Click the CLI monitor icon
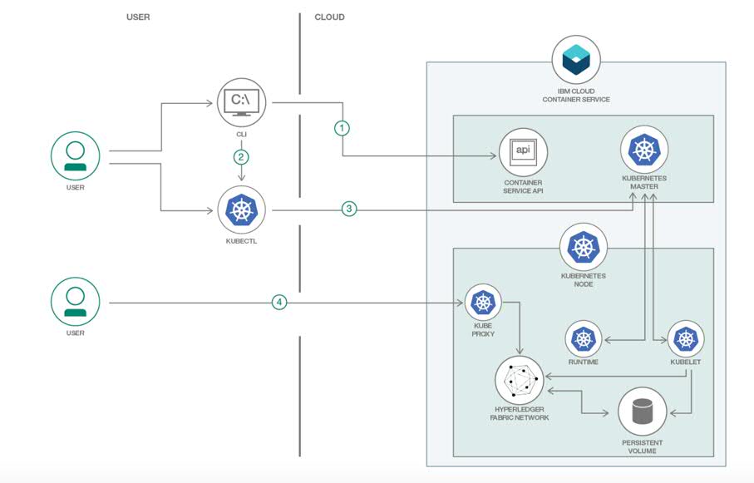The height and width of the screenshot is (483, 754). click(x=241, y=102)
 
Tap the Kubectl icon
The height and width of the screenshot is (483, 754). click(x=241, y=210)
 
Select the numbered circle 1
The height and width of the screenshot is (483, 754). click(x=342, y=128)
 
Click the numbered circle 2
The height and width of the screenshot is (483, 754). click(x=241, y=156)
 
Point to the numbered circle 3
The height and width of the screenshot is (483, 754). click(x=349, y=209)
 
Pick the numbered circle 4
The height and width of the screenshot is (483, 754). click(x=280, y=303)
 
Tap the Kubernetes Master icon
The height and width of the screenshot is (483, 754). click(x=644, y=150)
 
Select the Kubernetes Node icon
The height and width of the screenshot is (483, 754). click(x=584, y=247)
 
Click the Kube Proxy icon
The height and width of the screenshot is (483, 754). click(x=483, y=303)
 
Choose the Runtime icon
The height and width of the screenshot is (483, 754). click(x=584, y=339)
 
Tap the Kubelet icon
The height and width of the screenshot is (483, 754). click(x=685, y=339)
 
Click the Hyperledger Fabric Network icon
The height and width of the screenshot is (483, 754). click(x=519, y=380)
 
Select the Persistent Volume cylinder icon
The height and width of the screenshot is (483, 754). click(x=643, y=411)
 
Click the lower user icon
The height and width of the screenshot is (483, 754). click(x=76, y=303)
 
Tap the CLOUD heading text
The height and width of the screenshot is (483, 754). click(x=329, y=17)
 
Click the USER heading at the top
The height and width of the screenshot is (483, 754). click(x=138, y=17)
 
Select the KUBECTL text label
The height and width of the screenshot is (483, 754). click(x=241, y=242)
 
